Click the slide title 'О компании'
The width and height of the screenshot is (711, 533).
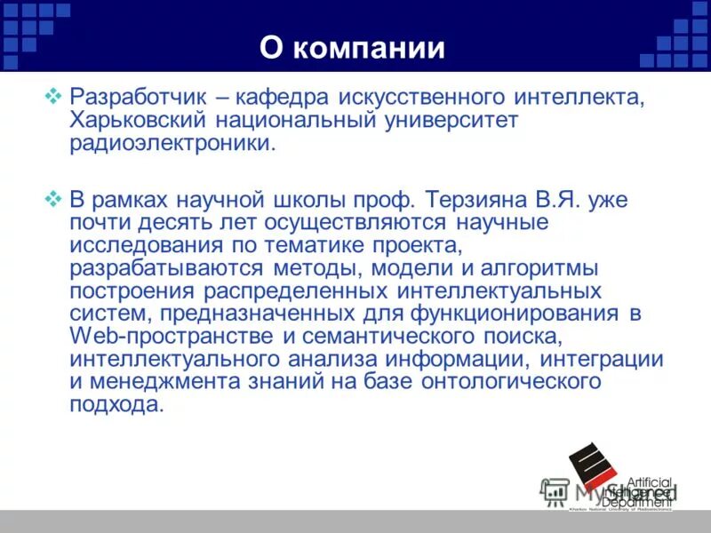pyautogui.click(x=352, y=47)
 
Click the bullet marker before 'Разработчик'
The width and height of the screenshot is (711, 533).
pyautogui.click(x=52, y=94)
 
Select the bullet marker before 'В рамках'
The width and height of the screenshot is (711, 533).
pyautogui.click(x=52, y=197)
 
